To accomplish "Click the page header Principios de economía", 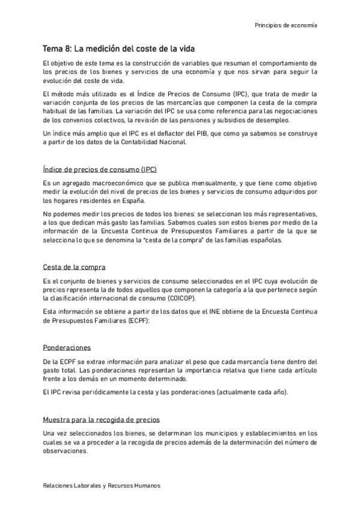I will point(286,26).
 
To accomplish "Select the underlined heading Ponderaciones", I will point(67,348).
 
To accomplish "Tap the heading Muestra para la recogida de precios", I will point(101,419).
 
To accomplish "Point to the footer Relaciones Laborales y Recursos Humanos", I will point(102,485).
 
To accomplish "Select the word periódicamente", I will point(108,392).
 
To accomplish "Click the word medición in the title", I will point(100,49).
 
